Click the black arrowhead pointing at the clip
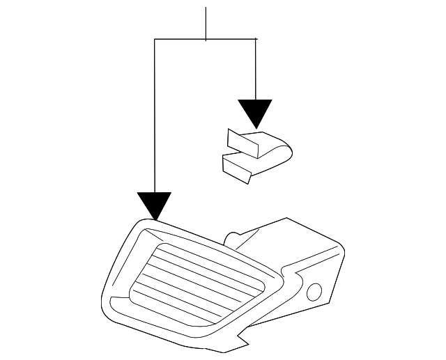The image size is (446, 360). tap(255, 112)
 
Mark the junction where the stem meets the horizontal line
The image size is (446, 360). tap(206, 40)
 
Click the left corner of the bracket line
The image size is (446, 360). tap(154, 40)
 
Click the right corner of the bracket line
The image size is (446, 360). tap(256, 40)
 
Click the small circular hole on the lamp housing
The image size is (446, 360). tap(314, 291)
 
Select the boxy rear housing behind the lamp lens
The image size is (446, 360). tap(293, 244)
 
